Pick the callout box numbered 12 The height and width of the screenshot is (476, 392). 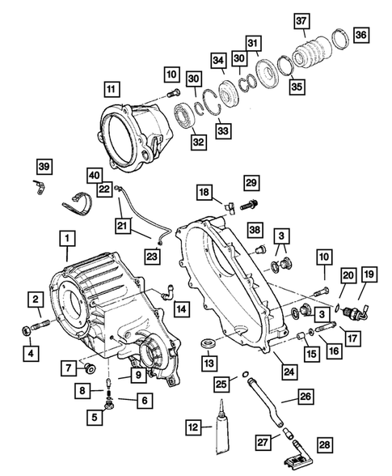click(x=193, y=427)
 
